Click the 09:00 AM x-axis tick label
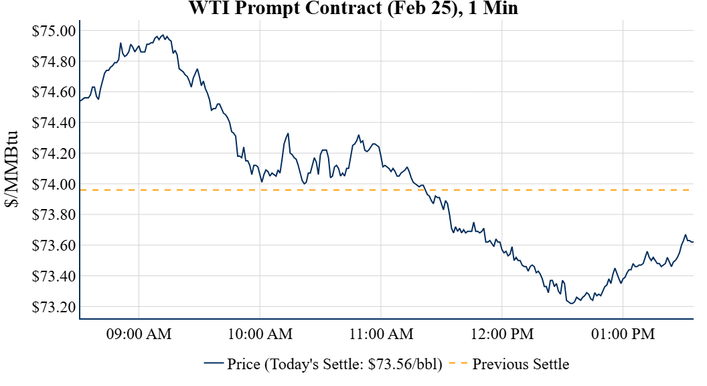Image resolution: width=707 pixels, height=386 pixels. [x=139, y=333]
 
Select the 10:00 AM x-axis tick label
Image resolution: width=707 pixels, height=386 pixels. [x=260, y=333]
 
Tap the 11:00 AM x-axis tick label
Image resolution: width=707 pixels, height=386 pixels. [x=380, y=333]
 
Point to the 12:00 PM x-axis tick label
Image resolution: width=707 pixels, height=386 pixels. [x=501, y=333]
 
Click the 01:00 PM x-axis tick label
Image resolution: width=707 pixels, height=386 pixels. [x=623, y=333]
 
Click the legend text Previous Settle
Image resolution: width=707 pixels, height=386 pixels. [x=521, y=365]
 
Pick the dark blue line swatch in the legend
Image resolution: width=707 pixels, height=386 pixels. [x=214, y=365]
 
